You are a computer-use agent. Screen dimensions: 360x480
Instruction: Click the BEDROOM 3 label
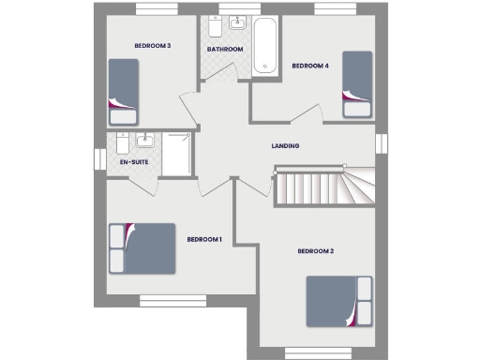(x=152, y=46)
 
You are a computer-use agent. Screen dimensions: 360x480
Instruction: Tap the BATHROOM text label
(x=225, y=49)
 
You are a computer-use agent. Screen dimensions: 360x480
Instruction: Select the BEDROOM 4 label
(x=310, y=66)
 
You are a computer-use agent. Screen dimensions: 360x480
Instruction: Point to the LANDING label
(x=285, y=146)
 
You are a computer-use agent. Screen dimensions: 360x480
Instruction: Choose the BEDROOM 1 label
(x=203, y=240)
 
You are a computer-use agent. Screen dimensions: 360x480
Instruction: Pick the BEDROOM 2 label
(x=316, y=251)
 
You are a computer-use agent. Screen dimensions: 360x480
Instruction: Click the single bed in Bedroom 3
(x=123, y=92)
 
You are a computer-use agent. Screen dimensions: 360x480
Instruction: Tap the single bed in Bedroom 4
(x=356, y=83)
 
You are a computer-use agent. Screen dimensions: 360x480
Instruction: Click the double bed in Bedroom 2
(x=338, y=302)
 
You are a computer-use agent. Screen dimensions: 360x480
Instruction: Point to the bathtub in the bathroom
(x=265, y=44)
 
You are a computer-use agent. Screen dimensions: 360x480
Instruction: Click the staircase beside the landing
(x=319, y=187)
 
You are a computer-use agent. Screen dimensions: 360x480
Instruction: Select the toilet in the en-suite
(x=122, y=143)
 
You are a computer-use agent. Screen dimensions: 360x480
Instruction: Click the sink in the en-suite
(x=145, y=142)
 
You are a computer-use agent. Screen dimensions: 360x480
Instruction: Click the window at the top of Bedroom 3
(x=157, y=9)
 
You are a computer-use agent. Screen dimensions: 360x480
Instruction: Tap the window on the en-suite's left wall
(x=97, y=156)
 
